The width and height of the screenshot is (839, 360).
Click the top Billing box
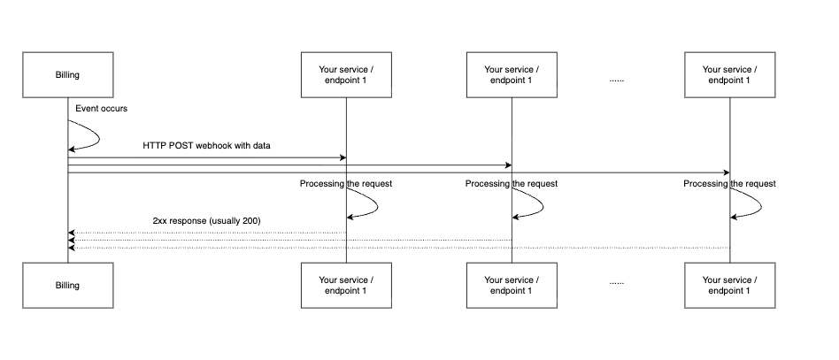[x=68, y=75]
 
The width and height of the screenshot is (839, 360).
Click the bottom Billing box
[x=68, y=286]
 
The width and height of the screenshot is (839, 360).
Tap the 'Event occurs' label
[x=101, y=109]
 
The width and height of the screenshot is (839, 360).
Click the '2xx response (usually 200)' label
[x=206, y=221]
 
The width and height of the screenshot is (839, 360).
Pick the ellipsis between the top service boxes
[x=616, y=80]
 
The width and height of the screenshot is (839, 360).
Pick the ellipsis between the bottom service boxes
[x=616, y=283]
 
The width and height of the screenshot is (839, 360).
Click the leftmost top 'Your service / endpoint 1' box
[x=346, y=75]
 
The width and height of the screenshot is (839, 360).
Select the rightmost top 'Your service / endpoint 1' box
[x=730, y=75]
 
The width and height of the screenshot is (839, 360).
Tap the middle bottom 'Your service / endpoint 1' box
[x=512, y=286]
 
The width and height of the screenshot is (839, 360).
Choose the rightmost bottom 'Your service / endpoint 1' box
[x=730, y=286]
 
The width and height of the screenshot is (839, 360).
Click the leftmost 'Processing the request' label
[x=346, y=184]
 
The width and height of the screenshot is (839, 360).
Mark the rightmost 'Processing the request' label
[x=729, y=184]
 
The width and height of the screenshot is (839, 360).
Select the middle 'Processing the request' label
[x=511, y=184]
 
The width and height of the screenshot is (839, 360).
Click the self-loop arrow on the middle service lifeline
[x=543, y=203]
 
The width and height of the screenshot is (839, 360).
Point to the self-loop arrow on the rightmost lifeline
[x=761, y=203]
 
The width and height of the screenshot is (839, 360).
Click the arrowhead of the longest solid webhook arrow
[x=727, y=172]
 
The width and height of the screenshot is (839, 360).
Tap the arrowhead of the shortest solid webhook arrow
[x=343, y=157]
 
